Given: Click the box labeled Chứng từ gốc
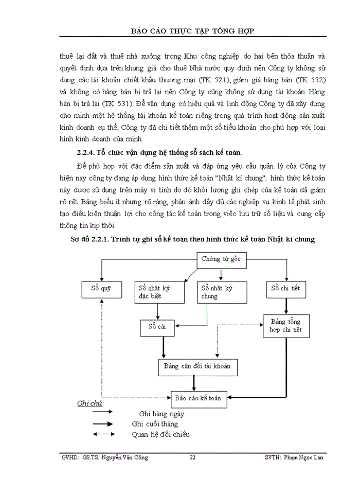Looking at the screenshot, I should point(221,259).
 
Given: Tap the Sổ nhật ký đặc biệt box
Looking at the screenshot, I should point(156,292).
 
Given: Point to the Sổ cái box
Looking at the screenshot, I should point(158,327).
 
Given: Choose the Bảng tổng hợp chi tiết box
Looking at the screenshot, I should point(285,326).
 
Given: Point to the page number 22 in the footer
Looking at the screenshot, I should point(192,457).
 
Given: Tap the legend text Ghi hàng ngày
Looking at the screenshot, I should point(161,414).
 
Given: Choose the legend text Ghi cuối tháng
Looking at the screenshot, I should point(155,424).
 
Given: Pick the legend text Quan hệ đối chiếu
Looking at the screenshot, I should point(160,434).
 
